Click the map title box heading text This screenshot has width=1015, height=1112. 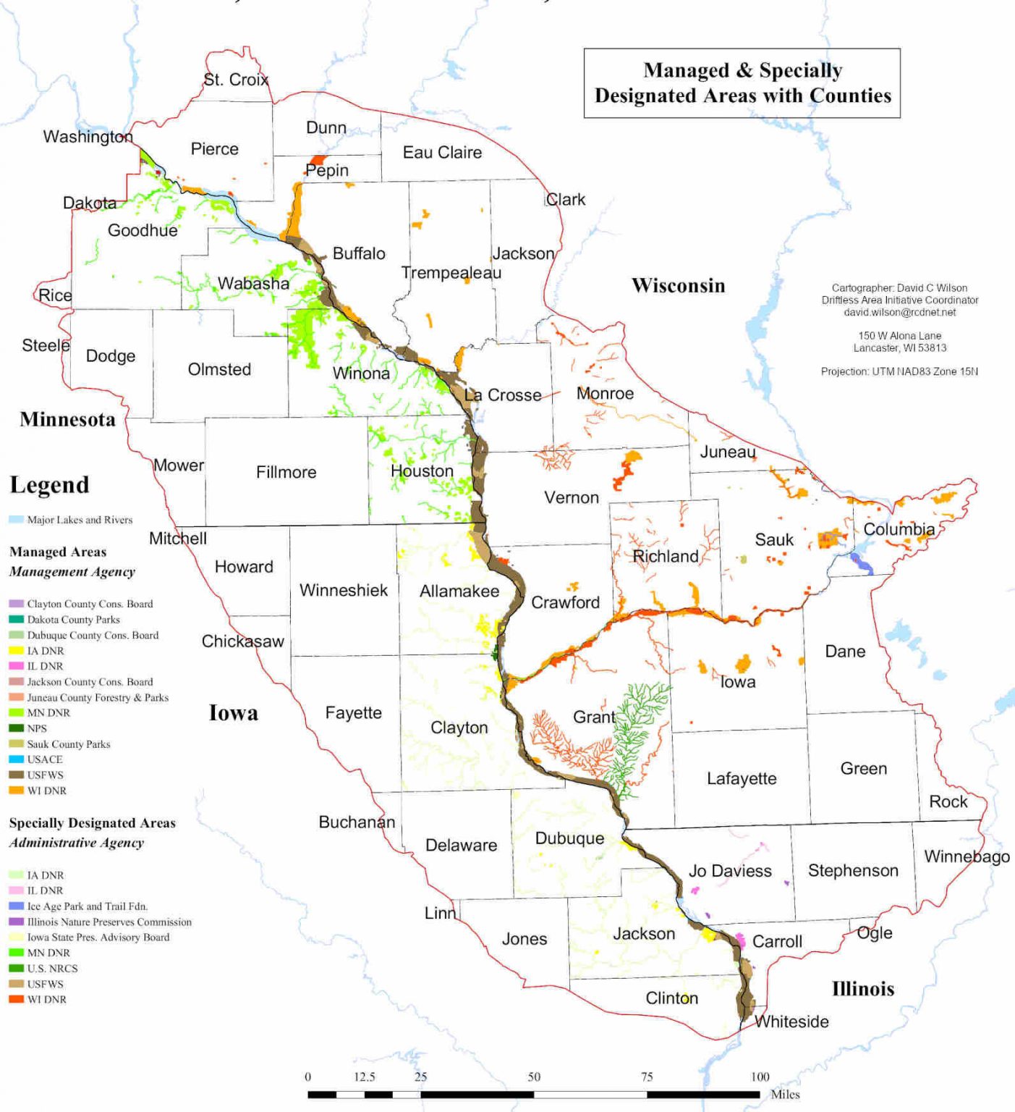click(x=742, y=83)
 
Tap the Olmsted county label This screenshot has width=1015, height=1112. click(x=219, y=369)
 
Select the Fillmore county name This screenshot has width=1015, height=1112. click(x=286, y=472)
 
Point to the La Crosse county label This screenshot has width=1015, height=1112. click(x=504, y=395)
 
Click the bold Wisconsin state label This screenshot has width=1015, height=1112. click(x=678, y=285)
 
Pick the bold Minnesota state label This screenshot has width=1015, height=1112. click(x=67, y=419)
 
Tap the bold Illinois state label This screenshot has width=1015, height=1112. click(x=862, y=989)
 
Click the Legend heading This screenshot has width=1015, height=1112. click(x=49, y=485)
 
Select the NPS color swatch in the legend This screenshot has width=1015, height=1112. click(x=16, y=728)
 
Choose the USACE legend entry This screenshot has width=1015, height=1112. click(x=44, y=759)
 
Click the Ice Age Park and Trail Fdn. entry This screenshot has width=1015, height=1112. click(x=87, y=906)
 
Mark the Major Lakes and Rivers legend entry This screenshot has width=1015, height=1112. click(x=80, y=520)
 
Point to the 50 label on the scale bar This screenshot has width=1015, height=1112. click(x=534, y=1077)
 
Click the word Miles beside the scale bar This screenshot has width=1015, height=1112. click(x=785, y=1095)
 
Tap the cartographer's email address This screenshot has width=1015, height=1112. click(x=899, y=312)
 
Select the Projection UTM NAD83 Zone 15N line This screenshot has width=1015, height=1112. click(x=899, y=371)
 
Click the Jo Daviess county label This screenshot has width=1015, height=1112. click(x=730, y=871)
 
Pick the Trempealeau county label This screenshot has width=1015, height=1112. click(x=451, y=273)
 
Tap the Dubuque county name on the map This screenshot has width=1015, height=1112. click(x=569, y=838)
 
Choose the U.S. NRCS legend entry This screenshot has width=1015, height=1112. click(x=52, y=969)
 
